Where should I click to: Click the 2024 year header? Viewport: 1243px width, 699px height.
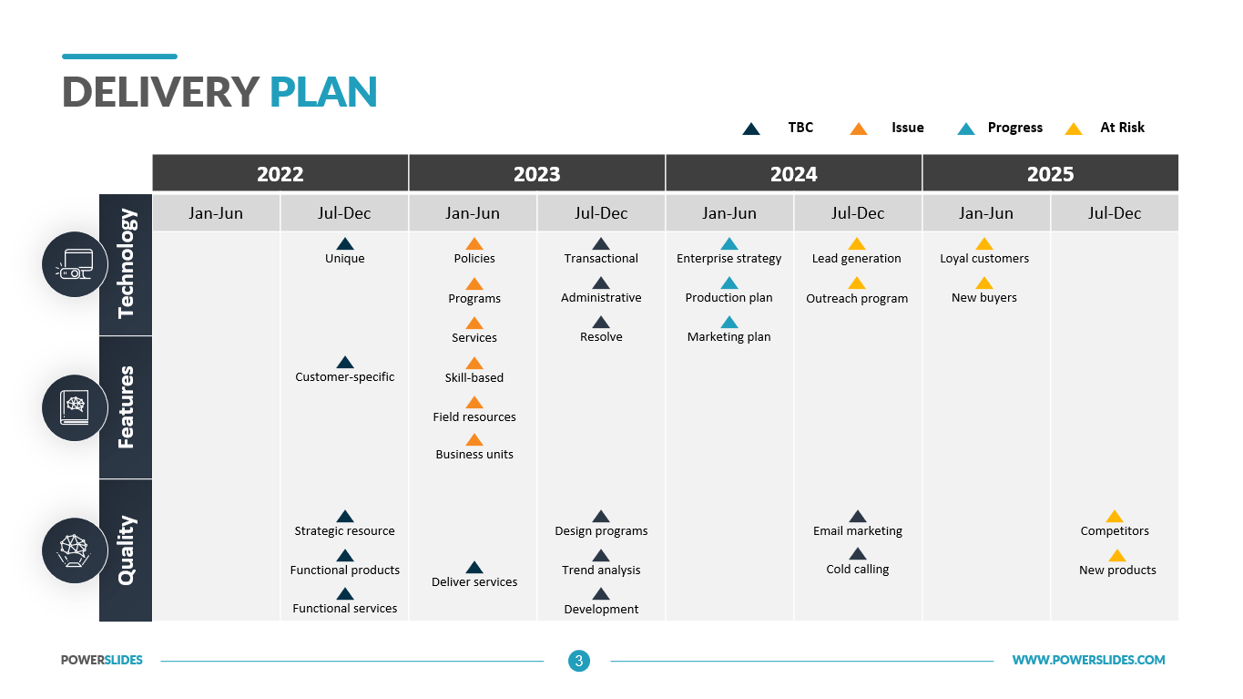(x=793, y=173)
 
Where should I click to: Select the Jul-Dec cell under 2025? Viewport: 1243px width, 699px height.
(x=1115, y=212)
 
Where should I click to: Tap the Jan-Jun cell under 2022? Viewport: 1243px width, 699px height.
(x=216, y=212)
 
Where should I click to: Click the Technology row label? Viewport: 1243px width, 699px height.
(x=126, y=264)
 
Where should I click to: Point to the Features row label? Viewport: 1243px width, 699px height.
(x=126, y=407)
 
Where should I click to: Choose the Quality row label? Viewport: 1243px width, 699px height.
(x=126, y=550)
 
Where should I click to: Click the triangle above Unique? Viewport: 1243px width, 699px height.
(x=345, y=243)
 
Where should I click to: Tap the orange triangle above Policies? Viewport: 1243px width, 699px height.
(x=474, y=243)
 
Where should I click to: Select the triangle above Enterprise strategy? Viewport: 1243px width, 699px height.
(x=729, y=243)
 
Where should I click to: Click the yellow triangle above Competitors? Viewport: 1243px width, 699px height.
(x=1115, y=517)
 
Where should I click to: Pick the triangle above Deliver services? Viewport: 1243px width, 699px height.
(x=474, y=567)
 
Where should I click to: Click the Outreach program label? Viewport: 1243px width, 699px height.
(x=857, y=298)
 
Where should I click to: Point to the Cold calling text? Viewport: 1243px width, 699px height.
(x=857, y=569)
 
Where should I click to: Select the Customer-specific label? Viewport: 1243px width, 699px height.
(x=344, y=377)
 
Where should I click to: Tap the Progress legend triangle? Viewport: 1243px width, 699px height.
(x=966, y=128)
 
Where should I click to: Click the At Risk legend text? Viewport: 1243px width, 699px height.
(x=1122, y=128)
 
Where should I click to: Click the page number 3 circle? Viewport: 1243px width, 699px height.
(x=579, y=661)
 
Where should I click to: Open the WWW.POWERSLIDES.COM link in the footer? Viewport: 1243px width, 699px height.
(x=1088, y=660)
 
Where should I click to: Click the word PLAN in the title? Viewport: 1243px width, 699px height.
(x=323, y=92)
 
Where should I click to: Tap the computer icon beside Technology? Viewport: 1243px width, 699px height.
(x=75, y=264)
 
